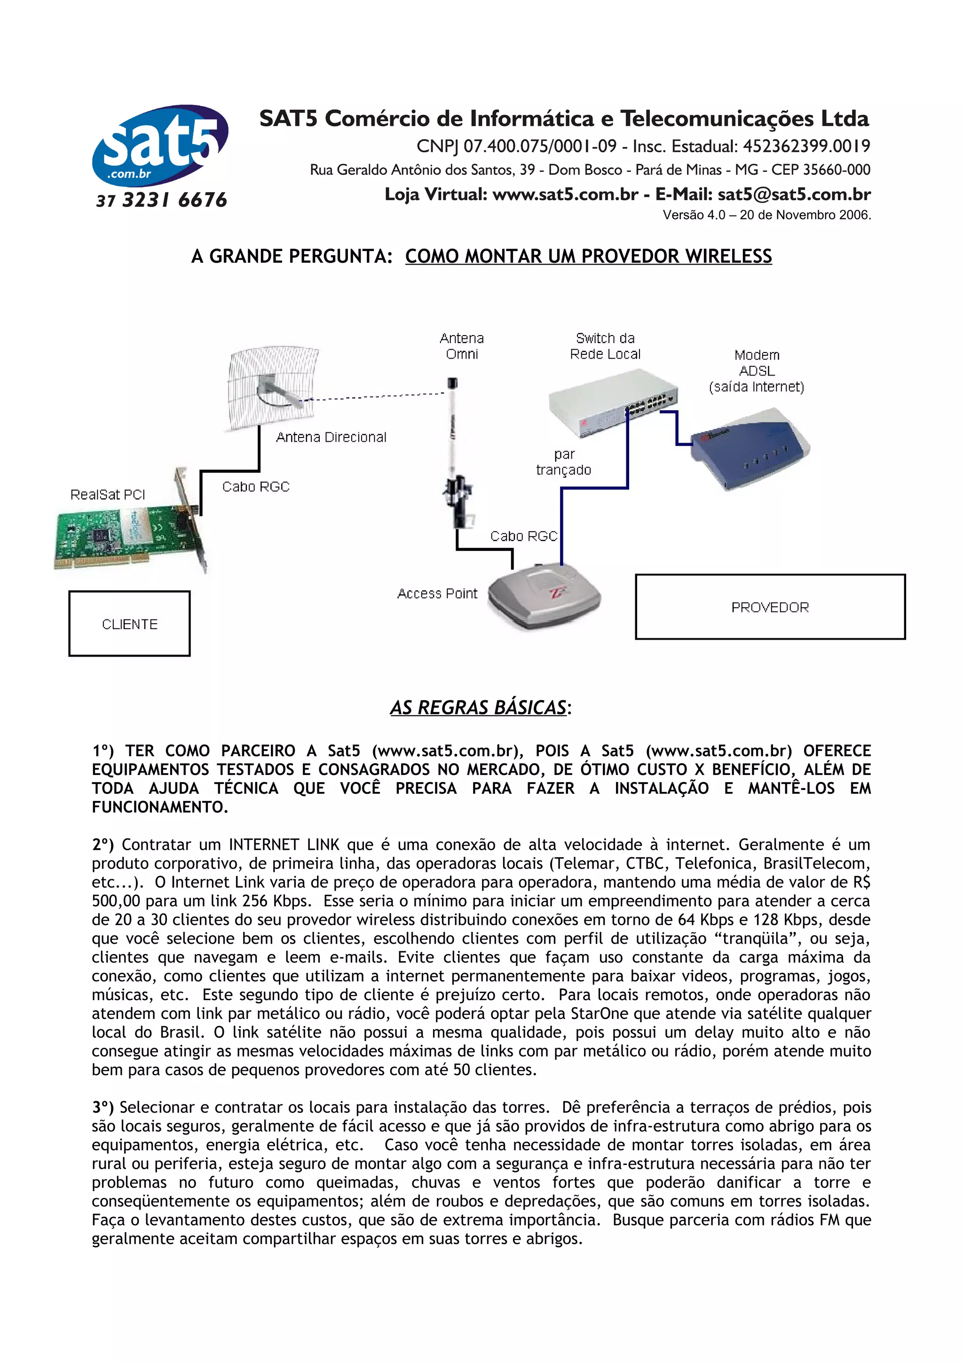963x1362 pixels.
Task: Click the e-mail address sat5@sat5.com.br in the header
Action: pos(794,195)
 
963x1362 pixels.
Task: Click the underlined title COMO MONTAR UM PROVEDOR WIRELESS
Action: pos(588,256)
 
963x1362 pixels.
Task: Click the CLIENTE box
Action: pos(129,624)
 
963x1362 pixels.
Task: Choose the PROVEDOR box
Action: pos(770,607)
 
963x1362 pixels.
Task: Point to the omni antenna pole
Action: pos(453,451)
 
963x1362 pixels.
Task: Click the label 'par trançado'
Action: pos(563,462)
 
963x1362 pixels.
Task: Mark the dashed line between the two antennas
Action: pos(374,397)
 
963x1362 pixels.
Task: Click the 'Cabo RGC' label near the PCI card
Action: pos(256,487)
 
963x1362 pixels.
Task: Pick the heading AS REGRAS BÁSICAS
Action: pos(478,708)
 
